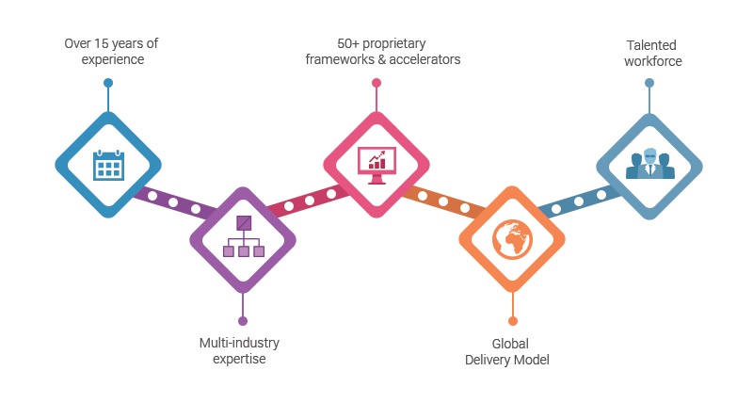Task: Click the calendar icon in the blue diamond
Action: (x=108, y=164)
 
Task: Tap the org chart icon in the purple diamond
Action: (x=243, y=238)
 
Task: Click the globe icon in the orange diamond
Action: (x=512, y=238)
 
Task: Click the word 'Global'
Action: (x=506, y=343)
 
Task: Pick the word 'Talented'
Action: (x=651, y=44)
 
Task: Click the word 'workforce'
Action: (x=651, y=61)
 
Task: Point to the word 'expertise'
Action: (x=239, y=360)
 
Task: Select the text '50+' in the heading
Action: (x=349, y=43)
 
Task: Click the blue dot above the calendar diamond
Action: (x=108, y=83)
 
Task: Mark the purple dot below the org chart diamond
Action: (x=243, y=320)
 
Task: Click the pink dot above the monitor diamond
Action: (x=376, y=83)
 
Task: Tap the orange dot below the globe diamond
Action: (x=512, y=320)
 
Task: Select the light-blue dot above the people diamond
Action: (x=649, y=83)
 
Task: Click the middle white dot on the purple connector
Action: (x=173, y=202)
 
